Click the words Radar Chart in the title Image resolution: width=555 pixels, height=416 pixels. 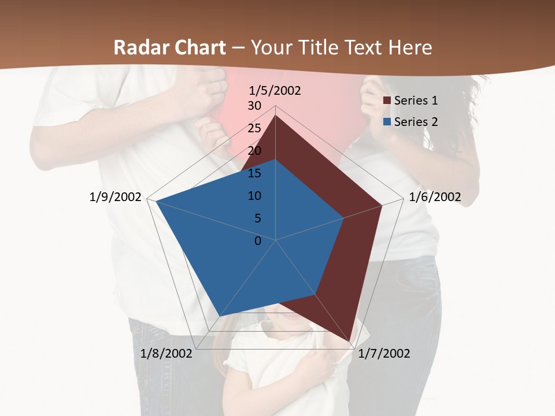click(x=169, y=47)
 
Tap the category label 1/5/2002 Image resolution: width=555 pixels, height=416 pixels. click(x=275, y=91)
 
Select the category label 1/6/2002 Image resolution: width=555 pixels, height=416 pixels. click(x=435, y=197)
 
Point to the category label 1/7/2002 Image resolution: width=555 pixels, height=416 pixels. click(x=384, y=353)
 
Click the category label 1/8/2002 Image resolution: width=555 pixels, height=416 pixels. click(x=166, y=353)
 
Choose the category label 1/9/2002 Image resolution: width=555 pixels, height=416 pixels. click(x=116, y=197)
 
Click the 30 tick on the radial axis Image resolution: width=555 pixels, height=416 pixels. click(x=254, y=106)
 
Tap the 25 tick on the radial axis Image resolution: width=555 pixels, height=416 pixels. click(x=254, y=128)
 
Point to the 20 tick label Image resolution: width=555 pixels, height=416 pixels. click(x=254, y=151)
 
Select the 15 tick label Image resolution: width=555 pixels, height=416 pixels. click(x=254, y=173)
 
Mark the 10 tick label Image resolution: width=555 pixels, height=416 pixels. click(x=254, y=196)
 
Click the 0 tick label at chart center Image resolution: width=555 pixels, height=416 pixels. click(x=258, y=241)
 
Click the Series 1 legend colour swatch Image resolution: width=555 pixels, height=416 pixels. click(x=387, y=101)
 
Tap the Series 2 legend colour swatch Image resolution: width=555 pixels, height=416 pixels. click(x=387, y=122)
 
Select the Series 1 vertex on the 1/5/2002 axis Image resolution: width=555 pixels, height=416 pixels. click(x=276, y=116)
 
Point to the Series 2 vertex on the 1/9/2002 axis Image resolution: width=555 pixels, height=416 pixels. click(x=156, y=201)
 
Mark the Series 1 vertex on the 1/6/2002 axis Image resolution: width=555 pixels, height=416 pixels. click(x=382, y=205)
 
